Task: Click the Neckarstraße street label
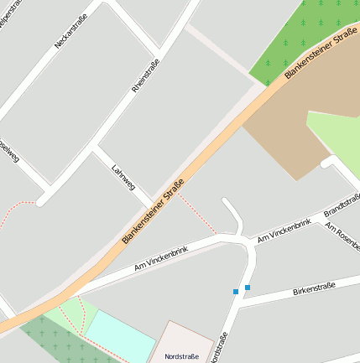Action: point(70,29)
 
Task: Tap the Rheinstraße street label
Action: point(146,75)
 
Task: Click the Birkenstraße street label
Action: point(314,289)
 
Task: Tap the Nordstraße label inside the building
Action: point(182,355)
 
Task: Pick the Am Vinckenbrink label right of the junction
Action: point(284,231)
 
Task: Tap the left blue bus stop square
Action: point(236,292)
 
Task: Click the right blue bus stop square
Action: point(247,288)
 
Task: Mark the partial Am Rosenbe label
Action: point(342,234)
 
